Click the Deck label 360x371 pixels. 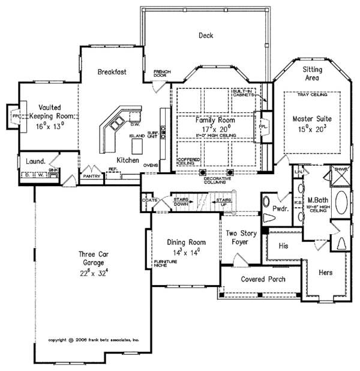(x=206, y=35)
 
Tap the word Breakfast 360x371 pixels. (x=112, y=73)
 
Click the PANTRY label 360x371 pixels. (x=92, y=177)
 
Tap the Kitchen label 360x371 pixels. (x=128, y=160)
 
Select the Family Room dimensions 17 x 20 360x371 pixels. (x=214, y=128)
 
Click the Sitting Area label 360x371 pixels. (x=311, y=73)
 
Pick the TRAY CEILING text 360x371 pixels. (x=311, y=94)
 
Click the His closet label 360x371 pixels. (x=285, y=245)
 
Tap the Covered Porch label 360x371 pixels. (x=263, y=279)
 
